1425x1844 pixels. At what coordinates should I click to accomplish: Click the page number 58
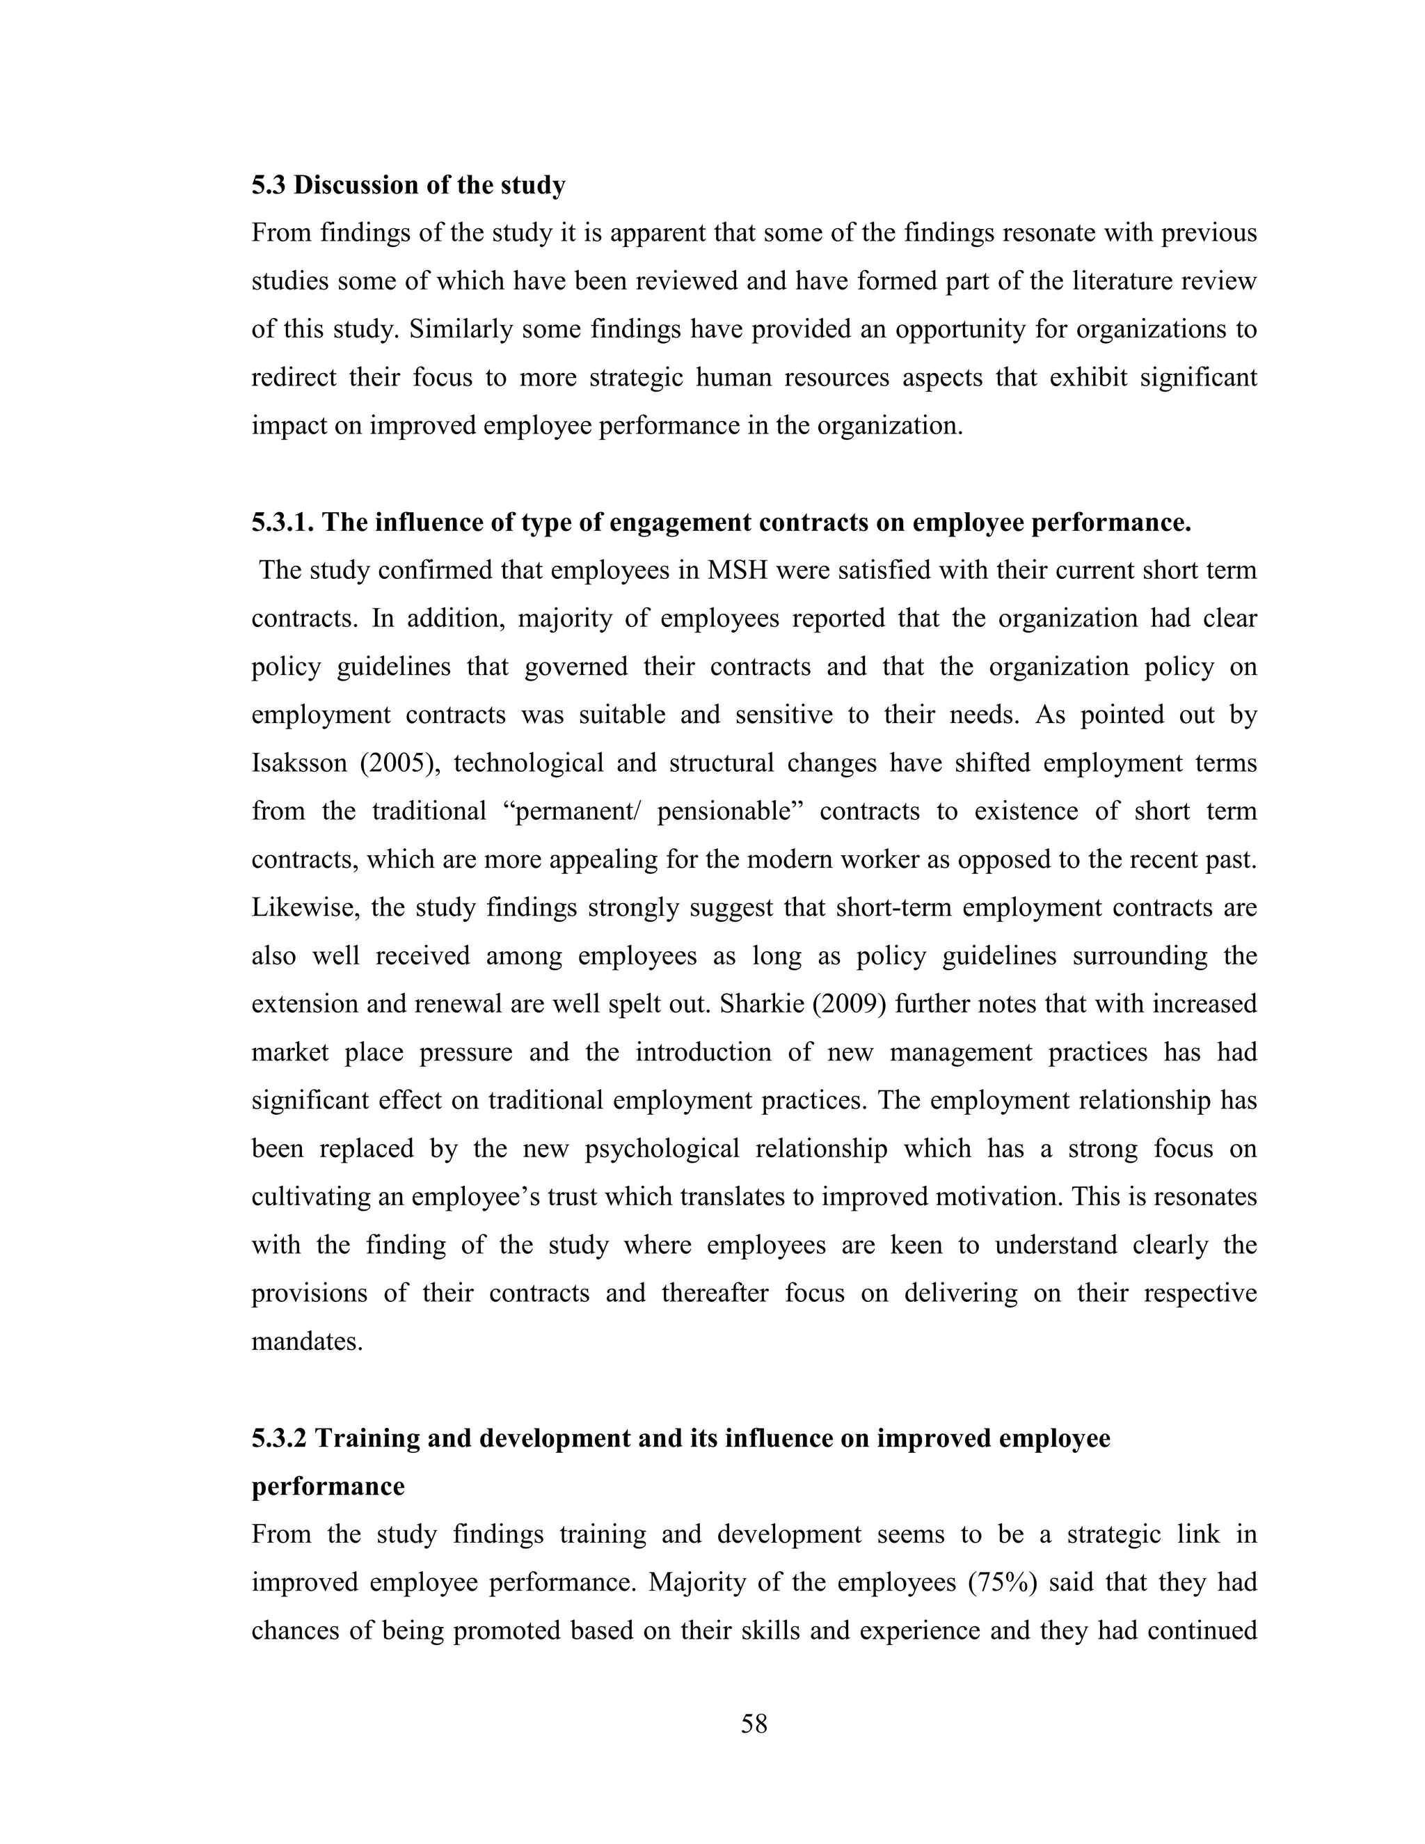pyautogui.click(x=754, y=1723)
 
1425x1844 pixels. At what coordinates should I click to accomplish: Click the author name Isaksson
pyautogui.click(x=298, y=763)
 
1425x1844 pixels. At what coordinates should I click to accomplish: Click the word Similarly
pyautogui.click(x=461, y=329)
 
